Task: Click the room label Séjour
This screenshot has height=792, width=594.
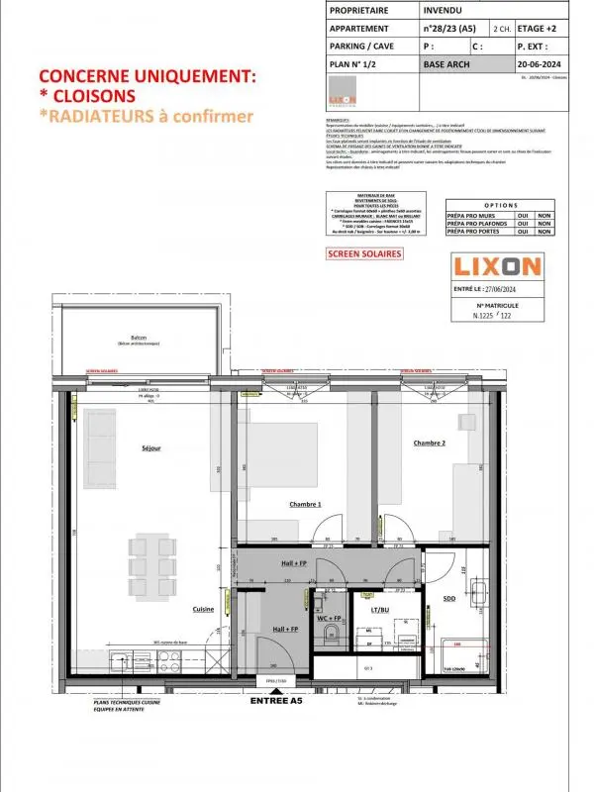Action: (150, 448)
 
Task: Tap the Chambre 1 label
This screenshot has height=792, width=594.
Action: (305, 505)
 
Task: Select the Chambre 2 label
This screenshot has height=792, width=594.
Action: (430, 443)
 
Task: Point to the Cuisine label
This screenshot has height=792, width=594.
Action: (204, 609)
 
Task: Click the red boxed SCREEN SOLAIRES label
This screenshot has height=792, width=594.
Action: (364, 253)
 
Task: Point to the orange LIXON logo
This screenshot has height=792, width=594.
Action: (496, 266)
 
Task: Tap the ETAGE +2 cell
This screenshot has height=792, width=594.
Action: (539, 29)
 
